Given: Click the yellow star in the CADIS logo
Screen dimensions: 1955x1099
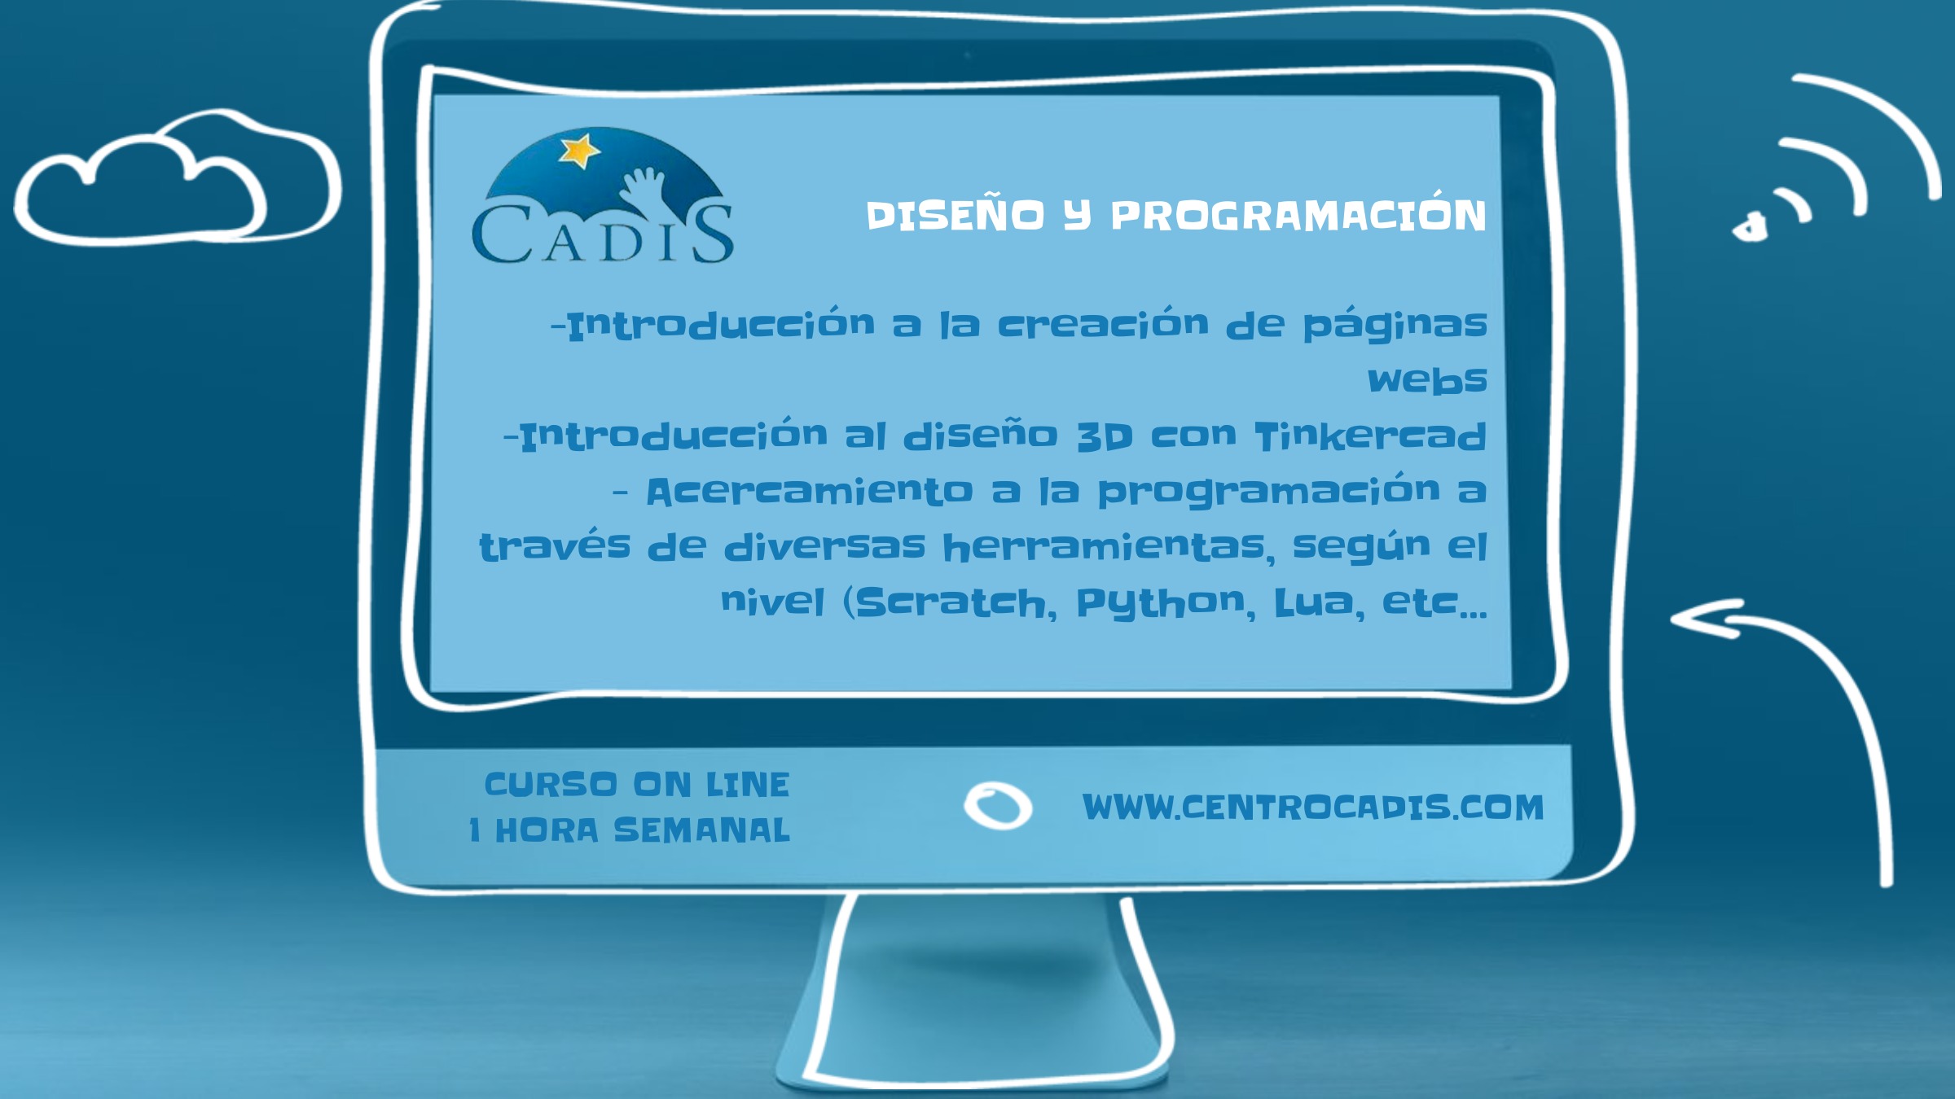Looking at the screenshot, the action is [578, 151].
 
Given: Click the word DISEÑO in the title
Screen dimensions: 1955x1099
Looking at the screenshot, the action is [955, 216].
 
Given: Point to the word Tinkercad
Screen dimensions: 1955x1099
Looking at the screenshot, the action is [1371, 436].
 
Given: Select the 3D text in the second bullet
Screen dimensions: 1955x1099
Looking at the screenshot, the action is [1105, 436].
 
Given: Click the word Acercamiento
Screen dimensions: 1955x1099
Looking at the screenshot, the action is [810, 492].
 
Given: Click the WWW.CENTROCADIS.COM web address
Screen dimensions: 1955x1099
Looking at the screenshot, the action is [1313, 808].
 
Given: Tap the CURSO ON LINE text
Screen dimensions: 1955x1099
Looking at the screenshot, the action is [637, 785].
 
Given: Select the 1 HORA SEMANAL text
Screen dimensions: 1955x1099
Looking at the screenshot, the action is [630, 830].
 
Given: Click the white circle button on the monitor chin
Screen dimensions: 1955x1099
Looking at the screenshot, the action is [998, 806].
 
